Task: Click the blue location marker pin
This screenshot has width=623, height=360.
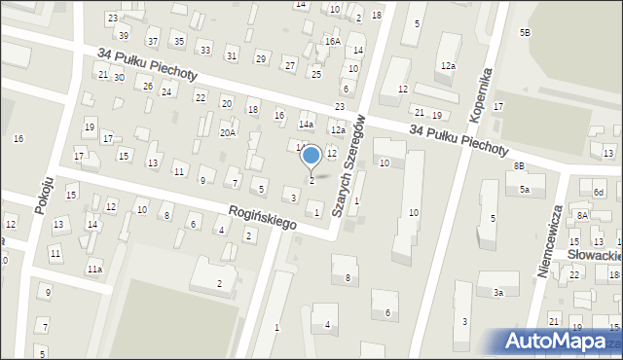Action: pyautogui.click(x=311, y=156)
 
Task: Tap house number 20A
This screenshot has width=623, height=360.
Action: pyautogui.click(x=228, y=133)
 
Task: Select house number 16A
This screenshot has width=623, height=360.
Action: pyautogui.click(x=333, y=42)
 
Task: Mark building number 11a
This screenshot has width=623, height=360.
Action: pyautogui.click(x=94, y=269)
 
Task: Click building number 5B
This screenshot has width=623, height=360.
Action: pyautogui.click(x=525, y=33)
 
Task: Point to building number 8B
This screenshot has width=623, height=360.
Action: pyautogui.click(x=519, y=166)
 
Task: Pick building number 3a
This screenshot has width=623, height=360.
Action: pyautogui.click(x=497, y=292)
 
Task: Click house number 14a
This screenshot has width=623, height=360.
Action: pyautogui.click(x=306, y=125)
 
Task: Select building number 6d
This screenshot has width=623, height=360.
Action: pyautogui.click(x=600, y=193)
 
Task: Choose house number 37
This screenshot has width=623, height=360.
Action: pyautogui.click(x=153, y=41)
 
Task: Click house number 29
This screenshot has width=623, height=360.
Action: pyautogui.click(x=260, y=58)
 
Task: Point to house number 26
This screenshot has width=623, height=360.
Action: pyautogui.click(x=148, y=86)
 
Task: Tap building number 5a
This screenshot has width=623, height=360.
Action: pyautogui.click(x=524, y=190)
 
